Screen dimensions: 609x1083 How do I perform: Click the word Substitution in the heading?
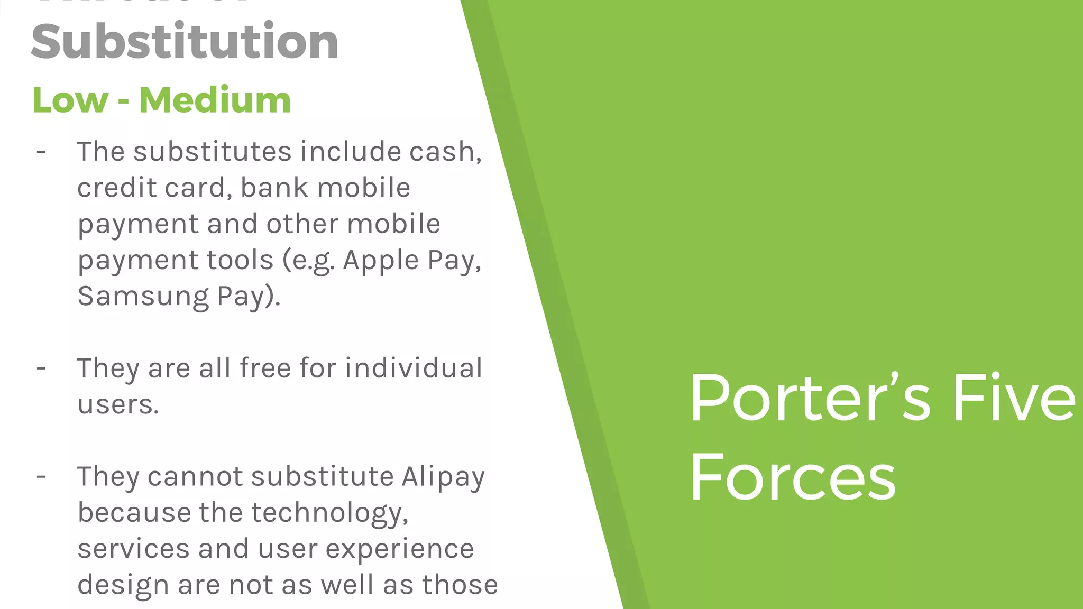(185, 42)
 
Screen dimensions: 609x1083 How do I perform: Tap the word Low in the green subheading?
(70, 100)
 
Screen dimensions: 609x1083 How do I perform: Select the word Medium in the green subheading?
(215, 100)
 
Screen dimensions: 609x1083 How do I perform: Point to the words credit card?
(151, 188)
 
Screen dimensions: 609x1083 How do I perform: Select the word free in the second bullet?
(265, 368)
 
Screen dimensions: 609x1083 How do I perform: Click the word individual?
(414, 368)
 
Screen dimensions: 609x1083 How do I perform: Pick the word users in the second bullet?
(117, 405)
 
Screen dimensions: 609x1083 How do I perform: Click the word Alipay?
(443, 477)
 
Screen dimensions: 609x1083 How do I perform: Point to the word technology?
(329, 513)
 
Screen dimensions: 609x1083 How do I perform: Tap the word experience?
(399, 549)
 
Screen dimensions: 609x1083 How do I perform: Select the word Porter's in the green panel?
(809, 399)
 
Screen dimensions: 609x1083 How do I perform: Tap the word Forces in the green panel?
(792, 478)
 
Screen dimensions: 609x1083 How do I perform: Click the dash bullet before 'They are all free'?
(41, 368)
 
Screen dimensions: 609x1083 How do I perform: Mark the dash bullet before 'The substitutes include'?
(41, 152)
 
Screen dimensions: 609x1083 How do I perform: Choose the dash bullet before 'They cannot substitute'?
(41, 476)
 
